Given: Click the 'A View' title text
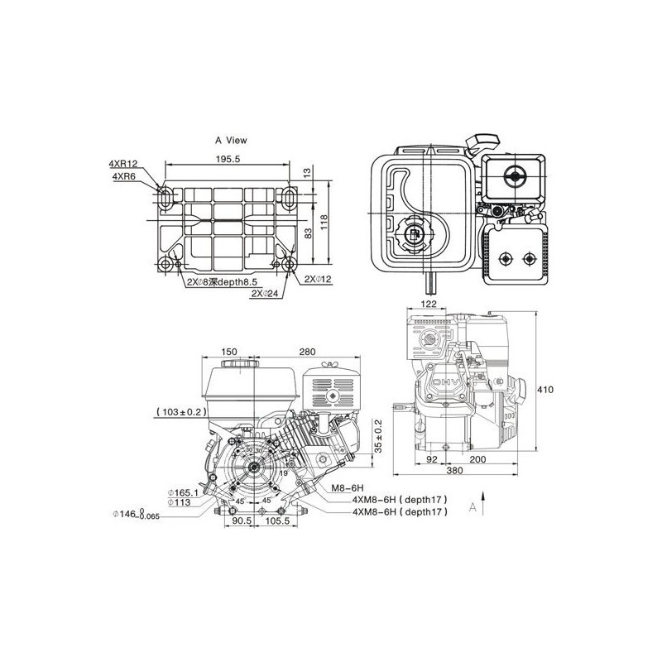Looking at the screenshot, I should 232,141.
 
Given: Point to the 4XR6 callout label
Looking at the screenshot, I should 123,175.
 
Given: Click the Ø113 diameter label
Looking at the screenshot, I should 180,501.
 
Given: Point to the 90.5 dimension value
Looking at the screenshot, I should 241,521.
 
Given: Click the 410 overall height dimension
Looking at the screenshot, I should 543,390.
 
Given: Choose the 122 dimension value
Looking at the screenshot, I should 429,304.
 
